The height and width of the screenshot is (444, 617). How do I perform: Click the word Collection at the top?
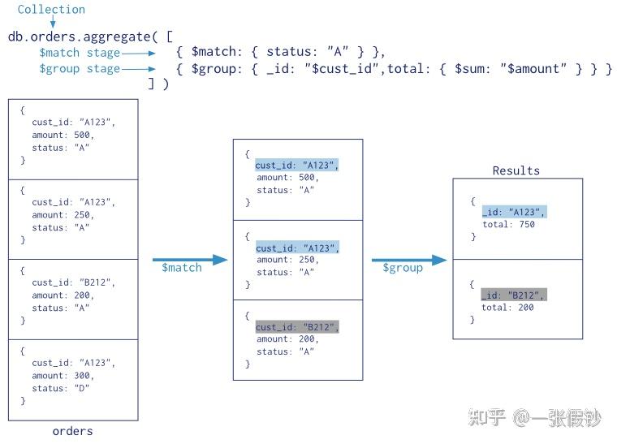(51, 10)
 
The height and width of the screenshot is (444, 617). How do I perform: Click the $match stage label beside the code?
(80, 53)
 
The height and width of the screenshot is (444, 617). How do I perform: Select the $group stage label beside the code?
(80, 69)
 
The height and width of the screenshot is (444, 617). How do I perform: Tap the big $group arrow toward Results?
(409, 260)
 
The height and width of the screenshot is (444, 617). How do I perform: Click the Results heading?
(516, 170)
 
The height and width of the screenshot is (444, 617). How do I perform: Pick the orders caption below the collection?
(72, 431)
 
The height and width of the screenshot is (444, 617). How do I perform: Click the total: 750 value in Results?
(509, 224)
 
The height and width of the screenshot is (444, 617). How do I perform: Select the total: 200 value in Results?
(509, 308)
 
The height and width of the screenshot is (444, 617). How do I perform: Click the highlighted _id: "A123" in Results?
(514, 211)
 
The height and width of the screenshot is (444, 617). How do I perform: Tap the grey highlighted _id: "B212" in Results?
(514, 295)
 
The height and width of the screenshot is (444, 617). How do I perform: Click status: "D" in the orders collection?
(61, 388)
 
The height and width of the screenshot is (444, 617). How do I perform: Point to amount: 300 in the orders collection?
(63, 376)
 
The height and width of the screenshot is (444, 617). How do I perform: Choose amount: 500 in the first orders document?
(63, 135)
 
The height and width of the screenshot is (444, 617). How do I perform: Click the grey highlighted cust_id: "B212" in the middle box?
(297, 326)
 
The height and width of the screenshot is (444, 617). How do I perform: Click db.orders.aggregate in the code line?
(77, 37)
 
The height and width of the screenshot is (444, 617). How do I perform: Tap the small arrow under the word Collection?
(53, 24)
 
